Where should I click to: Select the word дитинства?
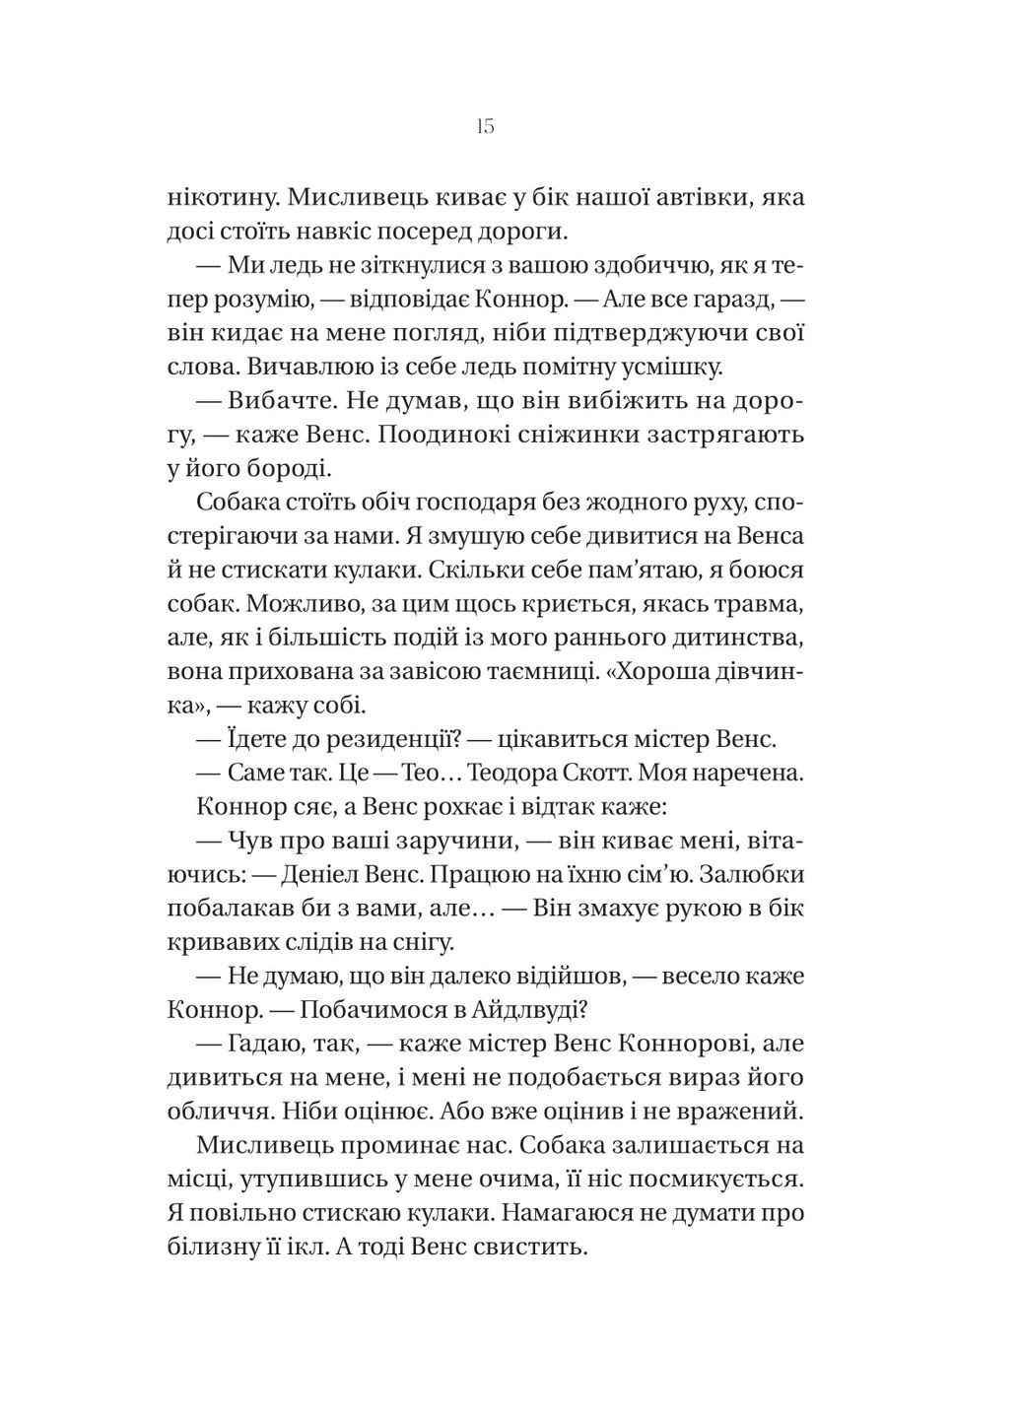click(753, 638)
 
